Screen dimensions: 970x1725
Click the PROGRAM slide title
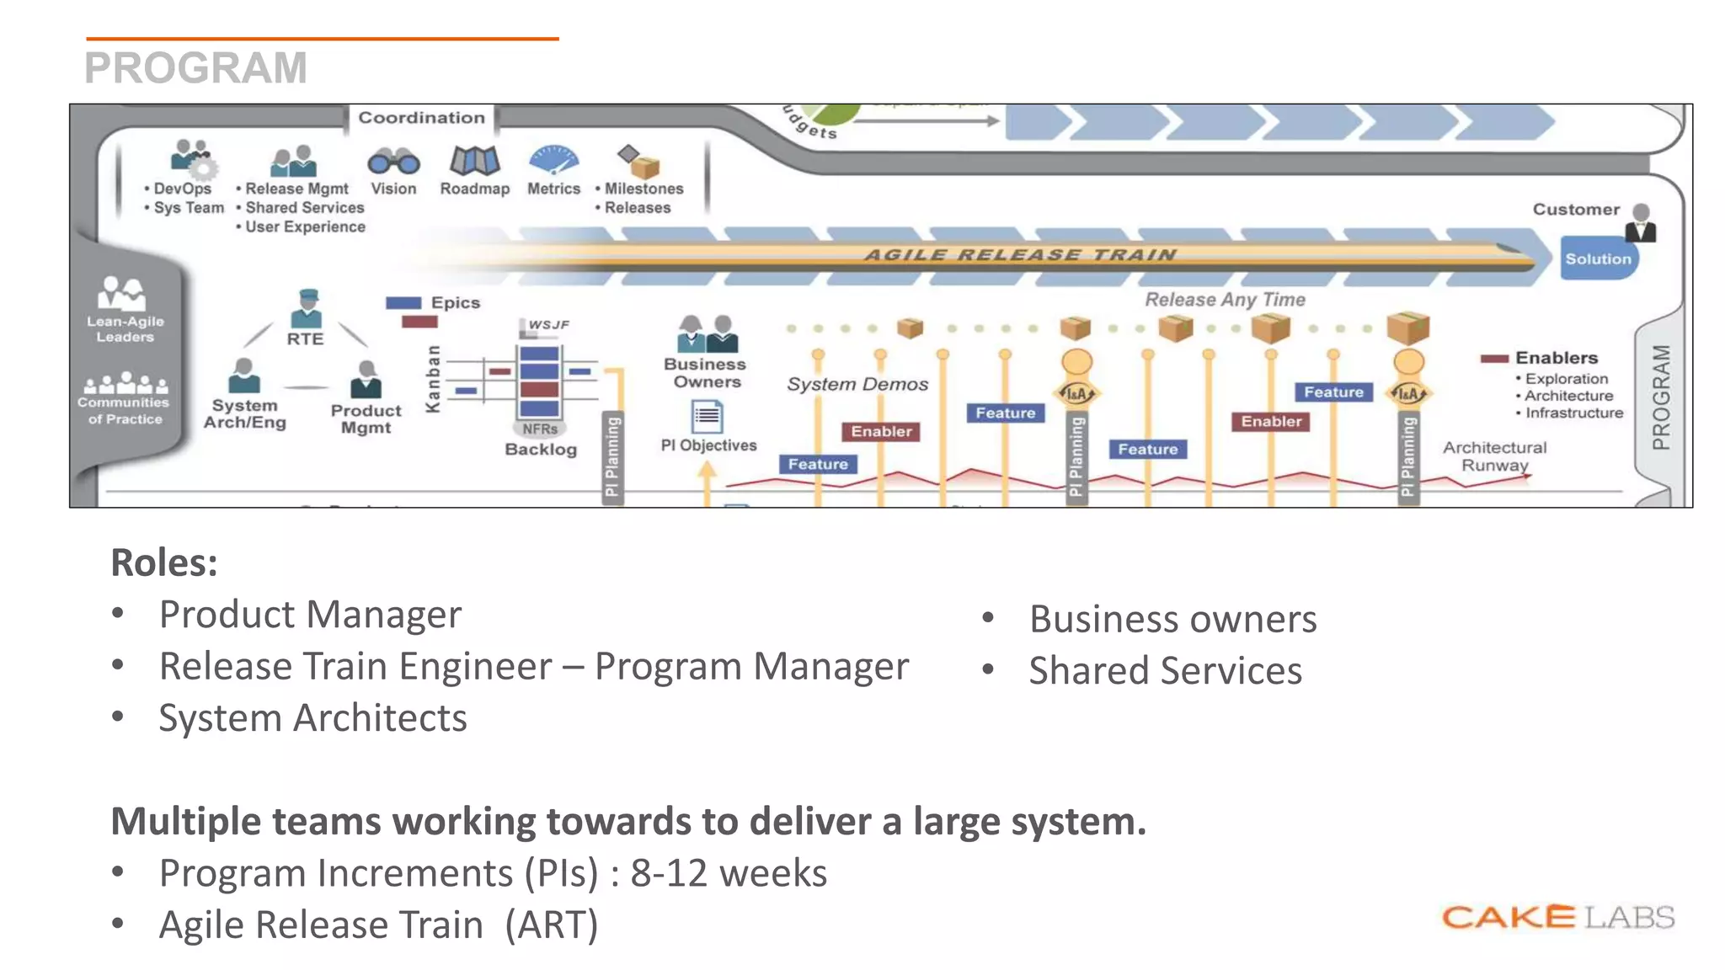[195, 68]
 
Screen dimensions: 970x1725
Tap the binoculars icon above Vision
[393, 161]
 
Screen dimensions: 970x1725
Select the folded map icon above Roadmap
[474, 160]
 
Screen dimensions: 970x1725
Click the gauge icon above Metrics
[553, 159]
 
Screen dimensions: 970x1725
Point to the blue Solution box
[1598, 259]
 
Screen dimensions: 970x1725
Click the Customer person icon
[1641, 223]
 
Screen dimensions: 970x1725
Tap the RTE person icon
[307, 308]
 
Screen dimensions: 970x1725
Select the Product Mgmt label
[366, 418]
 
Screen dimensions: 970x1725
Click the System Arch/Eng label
[244, 413]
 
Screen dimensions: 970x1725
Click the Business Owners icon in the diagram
[707, 334]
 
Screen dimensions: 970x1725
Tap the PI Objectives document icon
[707, 416]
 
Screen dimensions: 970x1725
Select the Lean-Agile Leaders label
[125, 328]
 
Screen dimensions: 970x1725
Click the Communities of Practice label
[125, 410]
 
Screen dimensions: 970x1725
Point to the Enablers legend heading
[1556, 358]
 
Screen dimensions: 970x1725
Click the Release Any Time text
[1225, 300]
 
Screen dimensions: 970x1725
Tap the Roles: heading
[164, 562]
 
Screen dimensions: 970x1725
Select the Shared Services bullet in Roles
[1165, 671]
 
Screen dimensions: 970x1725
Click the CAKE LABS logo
[1557, 917]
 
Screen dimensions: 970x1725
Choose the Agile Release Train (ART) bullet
[378, 925]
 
